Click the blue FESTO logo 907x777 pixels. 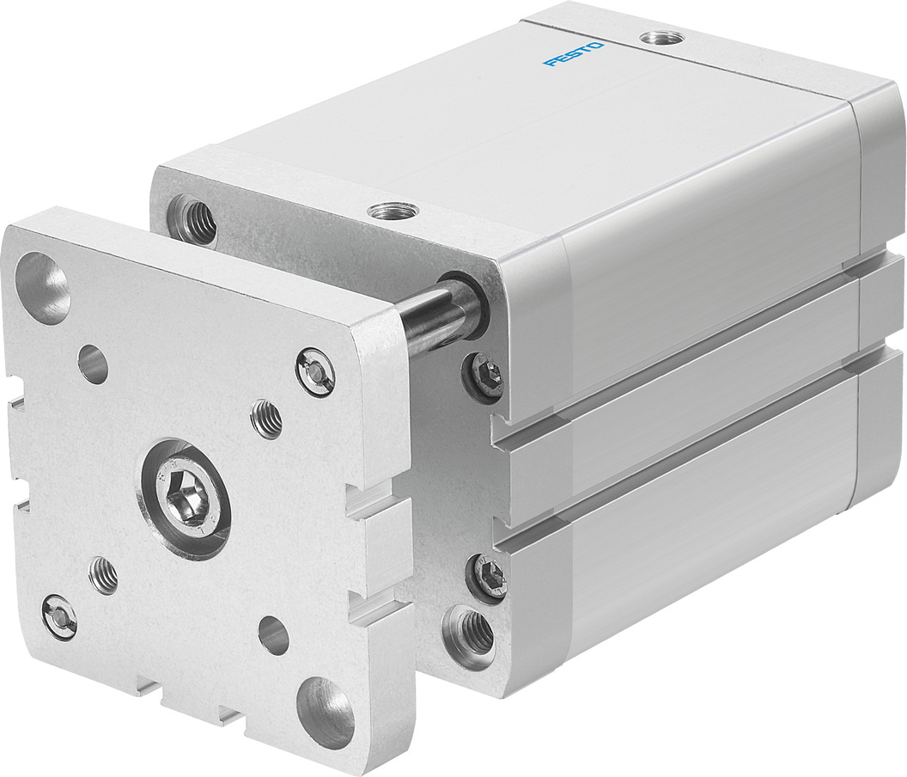(574, 54)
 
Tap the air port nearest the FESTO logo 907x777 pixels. (661, 38)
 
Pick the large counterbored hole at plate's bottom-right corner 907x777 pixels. (326, 712)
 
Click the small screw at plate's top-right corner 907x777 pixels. (315, 370)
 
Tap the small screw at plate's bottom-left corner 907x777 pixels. (59, 615)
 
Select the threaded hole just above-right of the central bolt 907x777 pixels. (266, 419)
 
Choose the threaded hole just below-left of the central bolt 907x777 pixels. (104, 574)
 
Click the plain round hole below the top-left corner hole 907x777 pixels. (93, 364)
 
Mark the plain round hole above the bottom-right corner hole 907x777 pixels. (273, 635)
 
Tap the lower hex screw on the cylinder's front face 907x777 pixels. (490, 575)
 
